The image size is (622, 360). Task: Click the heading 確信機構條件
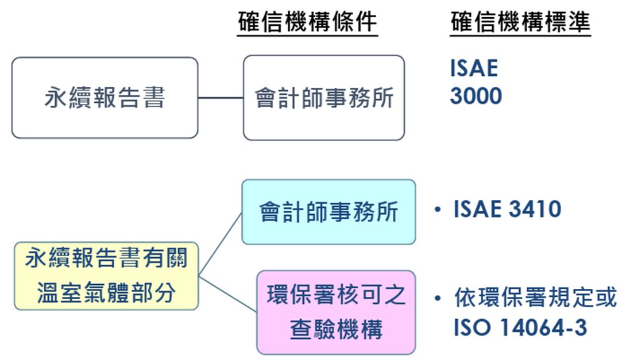[x=307, y=22]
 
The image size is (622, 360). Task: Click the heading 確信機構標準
[x=520, y=22]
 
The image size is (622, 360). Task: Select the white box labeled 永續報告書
[x=105, y=98]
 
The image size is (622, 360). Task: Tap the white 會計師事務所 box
[x=323, y=98]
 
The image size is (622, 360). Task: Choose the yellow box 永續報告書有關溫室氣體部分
[x=106, y=276]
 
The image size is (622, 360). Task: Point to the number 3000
[x=476, y=96]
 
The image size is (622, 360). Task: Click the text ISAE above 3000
[x=474, y=68]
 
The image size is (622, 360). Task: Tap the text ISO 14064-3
[x=520, y=327]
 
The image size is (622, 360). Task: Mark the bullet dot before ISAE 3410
[x=438, y=210]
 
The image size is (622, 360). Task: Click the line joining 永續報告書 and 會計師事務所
[x=221, y=98]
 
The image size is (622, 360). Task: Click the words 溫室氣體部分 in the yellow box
[x=106, y=293]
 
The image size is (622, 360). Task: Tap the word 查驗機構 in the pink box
[x=336, y=330]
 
